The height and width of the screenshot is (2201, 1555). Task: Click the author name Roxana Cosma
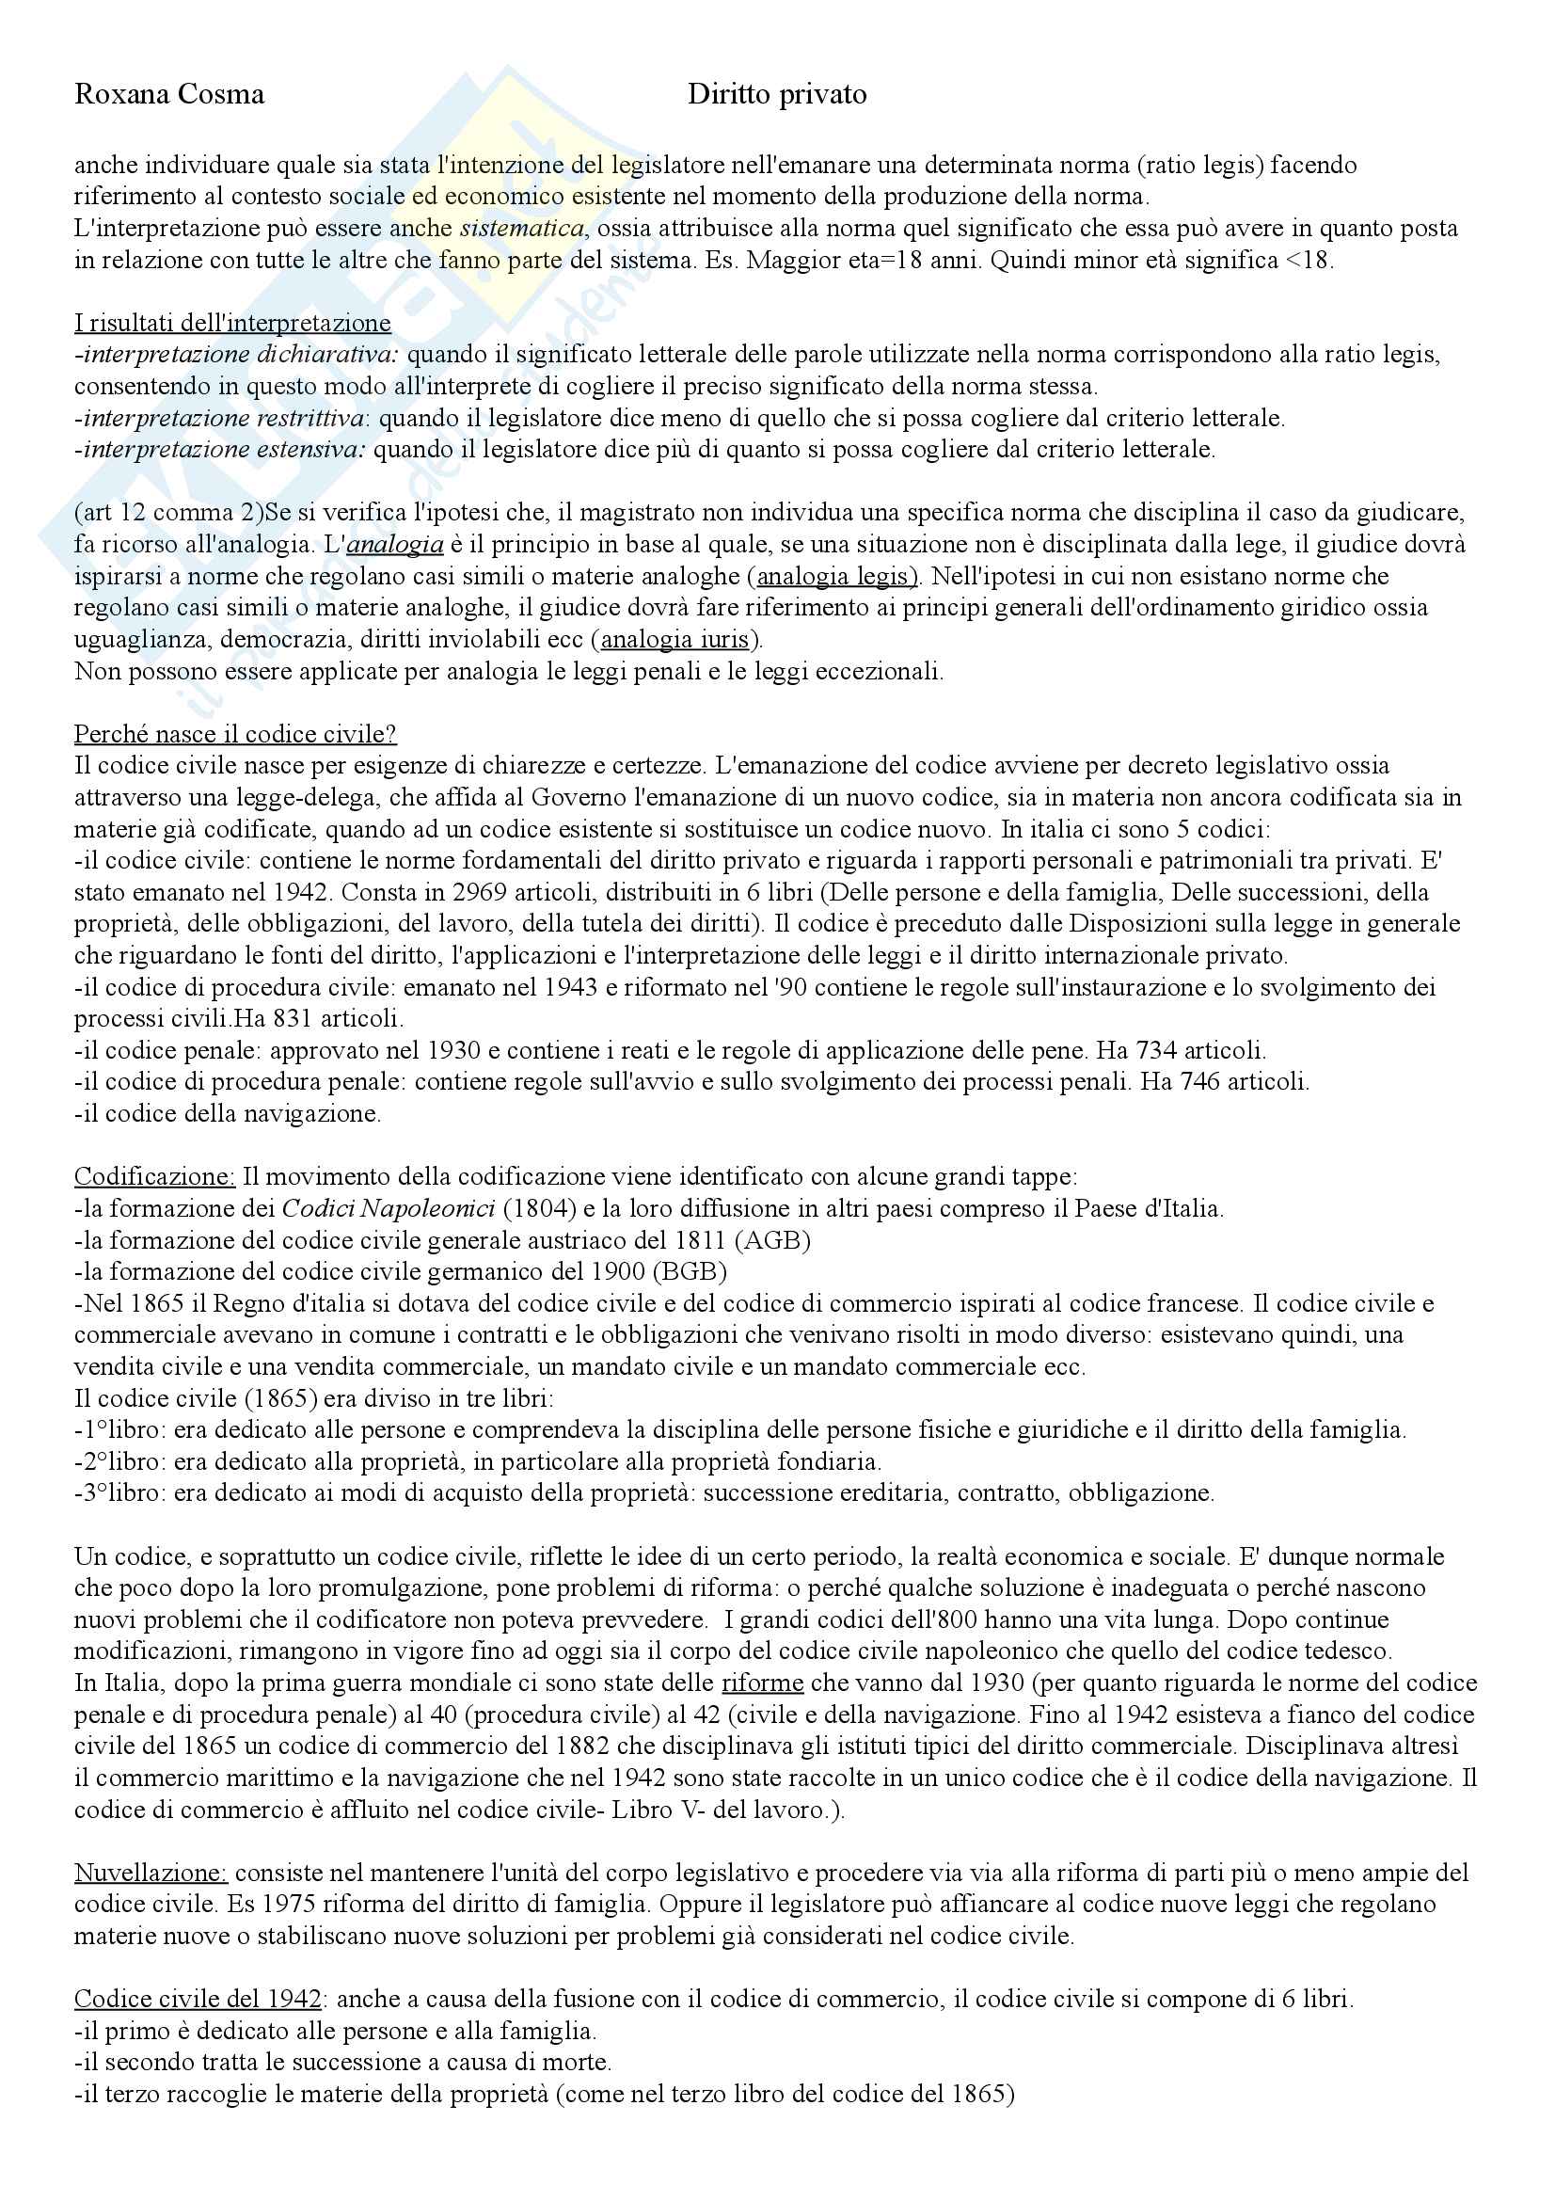coord(168,94)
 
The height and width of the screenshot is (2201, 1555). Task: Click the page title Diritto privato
coord(777,94)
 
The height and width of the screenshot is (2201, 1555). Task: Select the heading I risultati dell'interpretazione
coord(231,323)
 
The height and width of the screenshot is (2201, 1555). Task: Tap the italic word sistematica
coord(521,228)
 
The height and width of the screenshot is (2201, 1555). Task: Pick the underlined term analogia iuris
coord(674,639)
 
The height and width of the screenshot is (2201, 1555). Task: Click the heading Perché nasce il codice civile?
coord(235,734)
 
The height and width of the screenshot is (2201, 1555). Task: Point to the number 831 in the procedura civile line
coord(246,1019)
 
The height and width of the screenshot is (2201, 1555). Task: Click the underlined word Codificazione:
coord(154,1176)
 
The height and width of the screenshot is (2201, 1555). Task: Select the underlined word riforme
coord(762,1683)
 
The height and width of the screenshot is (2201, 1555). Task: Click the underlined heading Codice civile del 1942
coord(198,1999)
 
